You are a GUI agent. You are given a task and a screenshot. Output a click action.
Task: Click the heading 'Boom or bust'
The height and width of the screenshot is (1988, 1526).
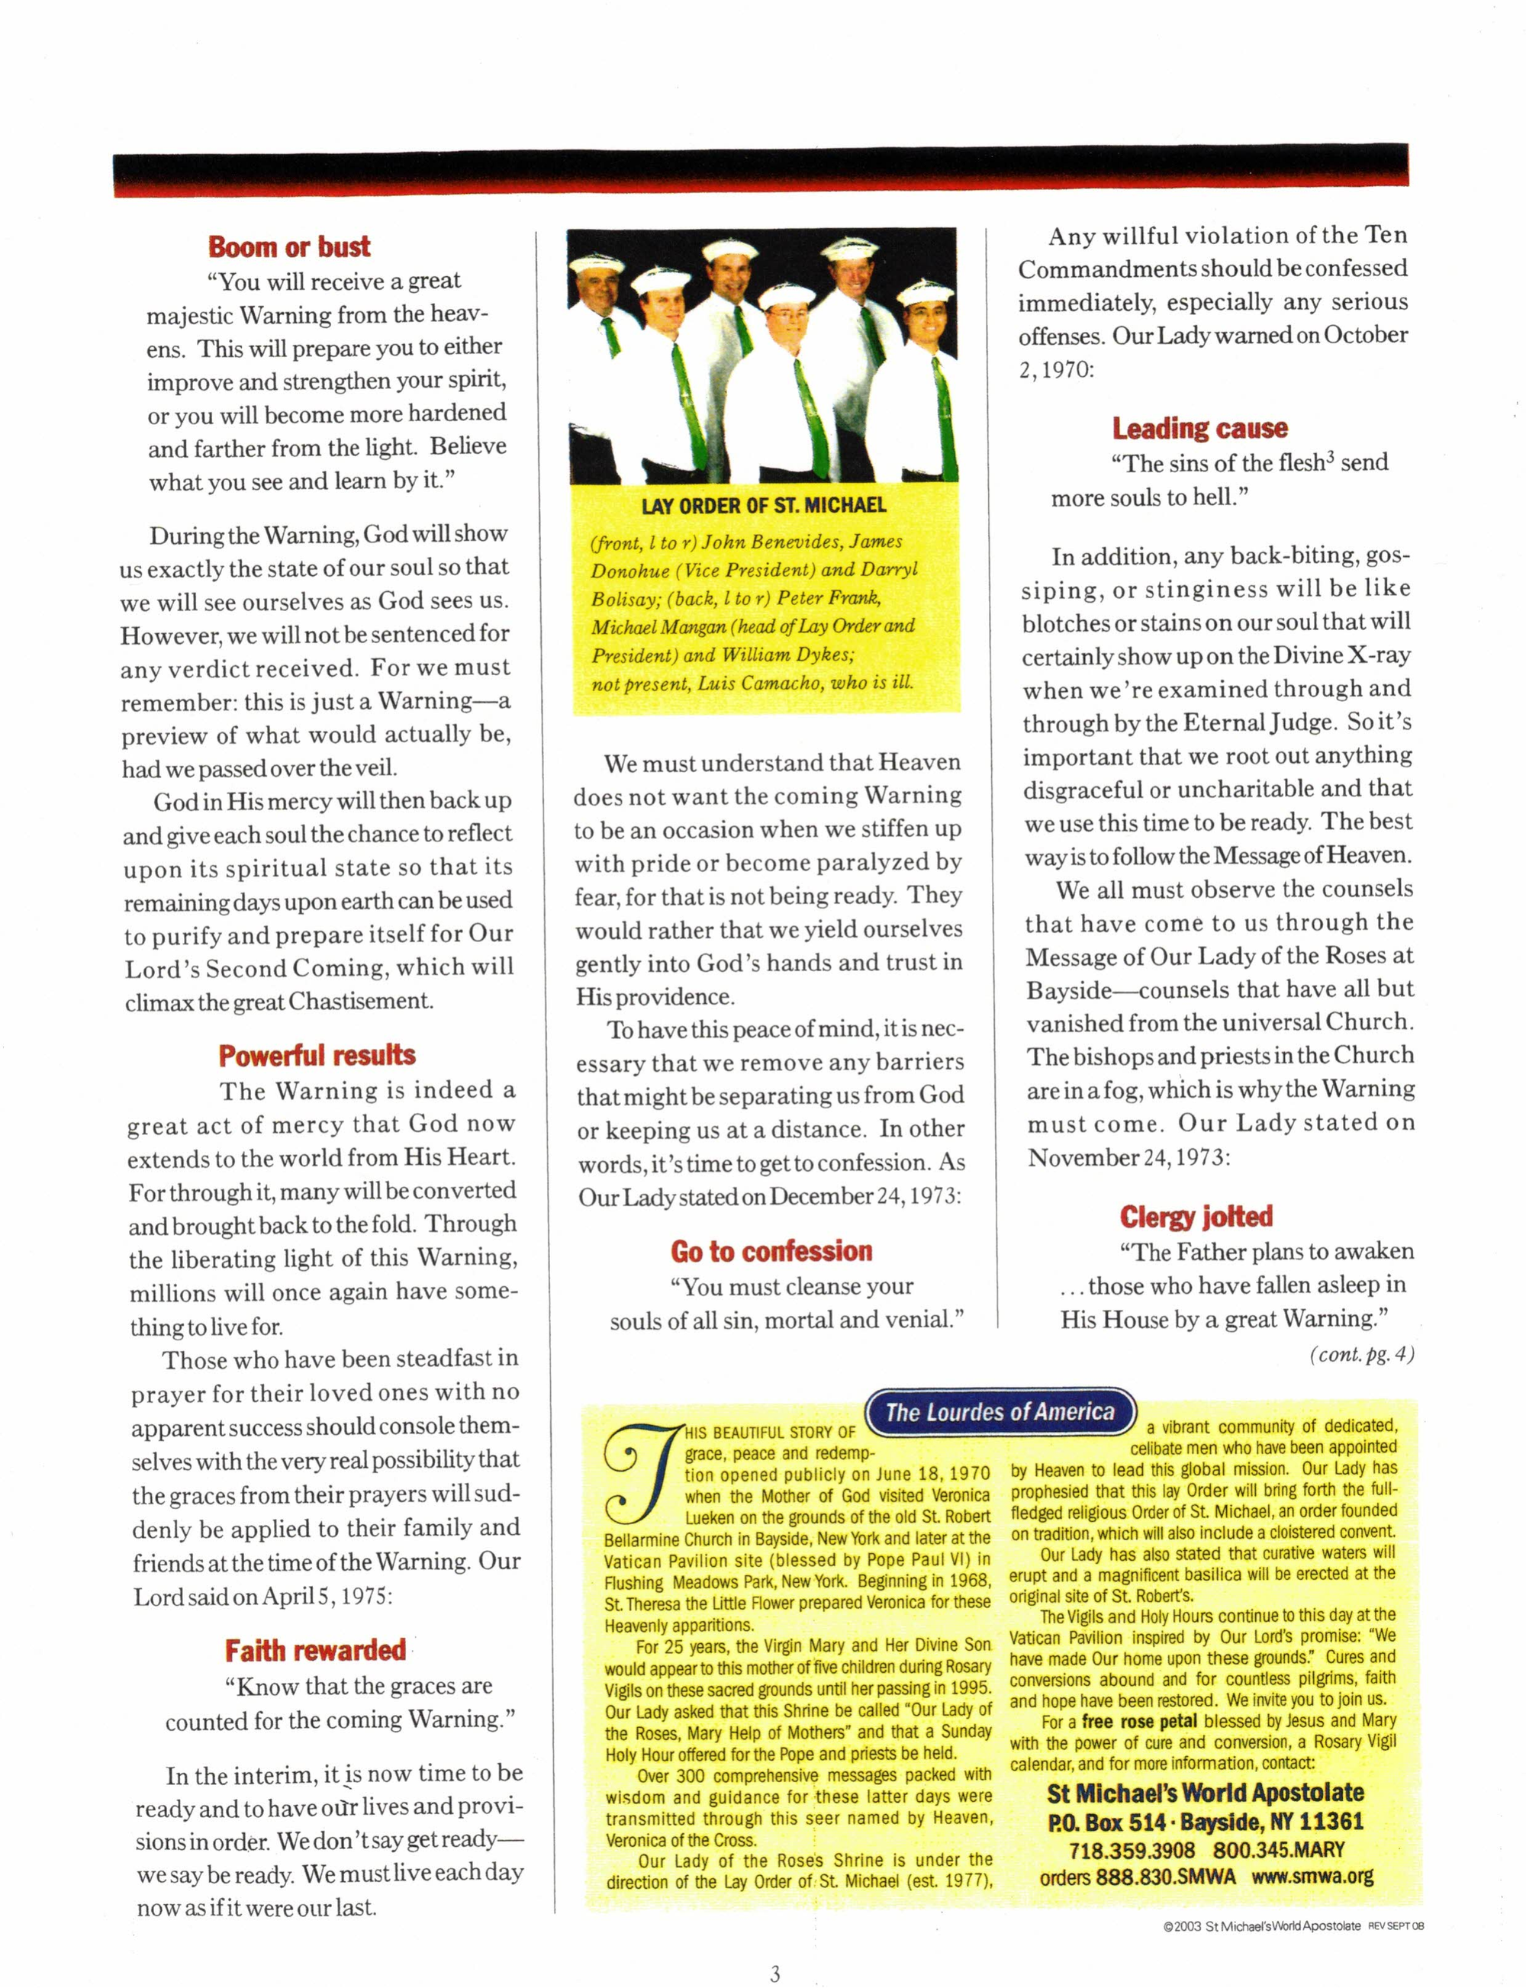click(289, 246)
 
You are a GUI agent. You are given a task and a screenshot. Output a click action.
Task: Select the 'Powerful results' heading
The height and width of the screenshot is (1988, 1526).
click(317, 1054)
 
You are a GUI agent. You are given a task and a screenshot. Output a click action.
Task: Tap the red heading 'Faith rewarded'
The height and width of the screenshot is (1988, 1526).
click(315, 1649)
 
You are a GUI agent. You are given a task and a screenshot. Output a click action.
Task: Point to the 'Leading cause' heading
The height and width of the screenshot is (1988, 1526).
click(1200, 428)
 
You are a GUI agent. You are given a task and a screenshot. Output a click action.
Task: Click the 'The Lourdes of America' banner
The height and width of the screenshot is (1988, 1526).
click(1000, 1411)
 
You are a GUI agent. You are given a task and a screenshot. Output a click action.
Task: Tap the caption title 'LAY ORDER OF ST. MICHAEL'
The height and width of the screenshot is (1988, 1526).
click(763, 506)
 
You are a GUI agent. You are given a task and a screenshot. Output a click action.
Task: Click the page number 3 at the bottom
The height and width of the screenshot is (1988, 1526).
click(774, 1973)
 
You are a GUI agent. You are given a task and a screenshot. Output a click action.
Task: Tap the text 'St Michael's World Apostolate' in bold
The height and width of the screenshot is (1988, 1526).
click(1206, 1793)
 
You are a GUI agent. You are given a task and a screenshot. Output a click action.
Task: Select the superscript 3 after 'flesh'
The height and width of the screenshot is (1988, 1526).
click(1330, 457)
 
